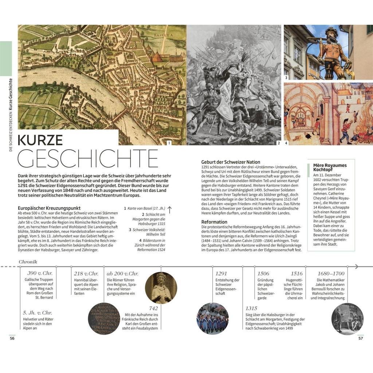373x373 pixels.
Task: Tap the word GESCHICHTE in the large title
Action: click(88, 158)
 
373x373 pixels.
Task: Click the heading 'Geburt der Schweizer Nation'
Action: click(231, 162)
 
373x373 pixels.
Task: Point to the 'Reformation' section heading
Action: click(214, 222)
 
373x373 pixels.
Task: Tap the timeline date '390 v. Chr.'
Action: click(40, 274)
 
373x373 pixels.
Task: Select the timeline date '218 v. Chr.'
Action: click(86, 274)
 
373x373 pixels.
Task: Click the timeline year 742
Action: click(153, 308)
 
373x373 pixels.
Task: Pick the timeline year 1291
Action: click(221, 274)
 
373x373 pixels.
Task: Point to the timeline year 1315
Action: click(251, 308)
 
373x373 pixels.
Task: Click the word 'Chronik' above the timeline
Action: click(28, 262)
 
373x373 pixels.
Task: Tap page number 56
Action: click(12, 338)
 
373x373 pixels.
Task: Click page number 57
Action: click(361, 338)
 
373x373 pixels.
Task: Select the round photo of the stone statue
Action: click(161, 288)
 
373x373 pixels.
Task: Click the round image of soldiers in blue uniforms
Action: click(212, 318)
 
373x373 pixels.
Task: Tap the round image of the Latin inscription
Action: click(105, 318)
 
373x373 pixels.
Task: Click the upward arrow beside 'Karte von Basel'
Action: click(169, 209)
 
